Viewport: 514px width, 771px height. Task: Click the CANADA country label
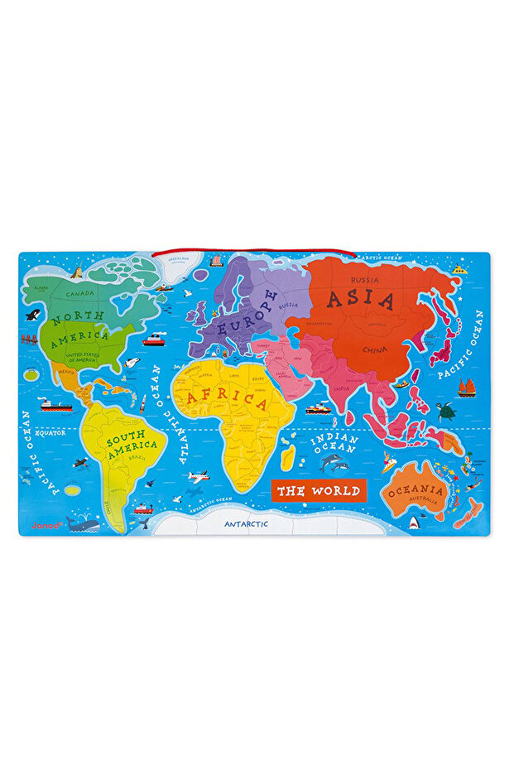coord(80,292)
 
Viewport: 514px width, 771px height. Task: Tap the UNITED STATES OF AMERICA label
coord(83,357)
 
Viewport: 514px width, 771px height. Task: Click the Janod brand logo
coord(43,524)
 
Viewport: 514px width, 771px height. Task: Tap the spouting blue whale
coord(82,523)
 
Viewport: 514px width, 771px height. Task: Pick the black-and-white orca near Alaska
coord(32,315)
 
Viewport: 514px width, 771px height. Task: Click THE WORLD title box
coord(318,490)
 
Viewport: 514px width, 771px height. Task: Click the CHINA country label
coord(374,349)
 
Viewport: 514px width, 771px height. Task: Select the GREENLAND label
coord(176,258)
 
